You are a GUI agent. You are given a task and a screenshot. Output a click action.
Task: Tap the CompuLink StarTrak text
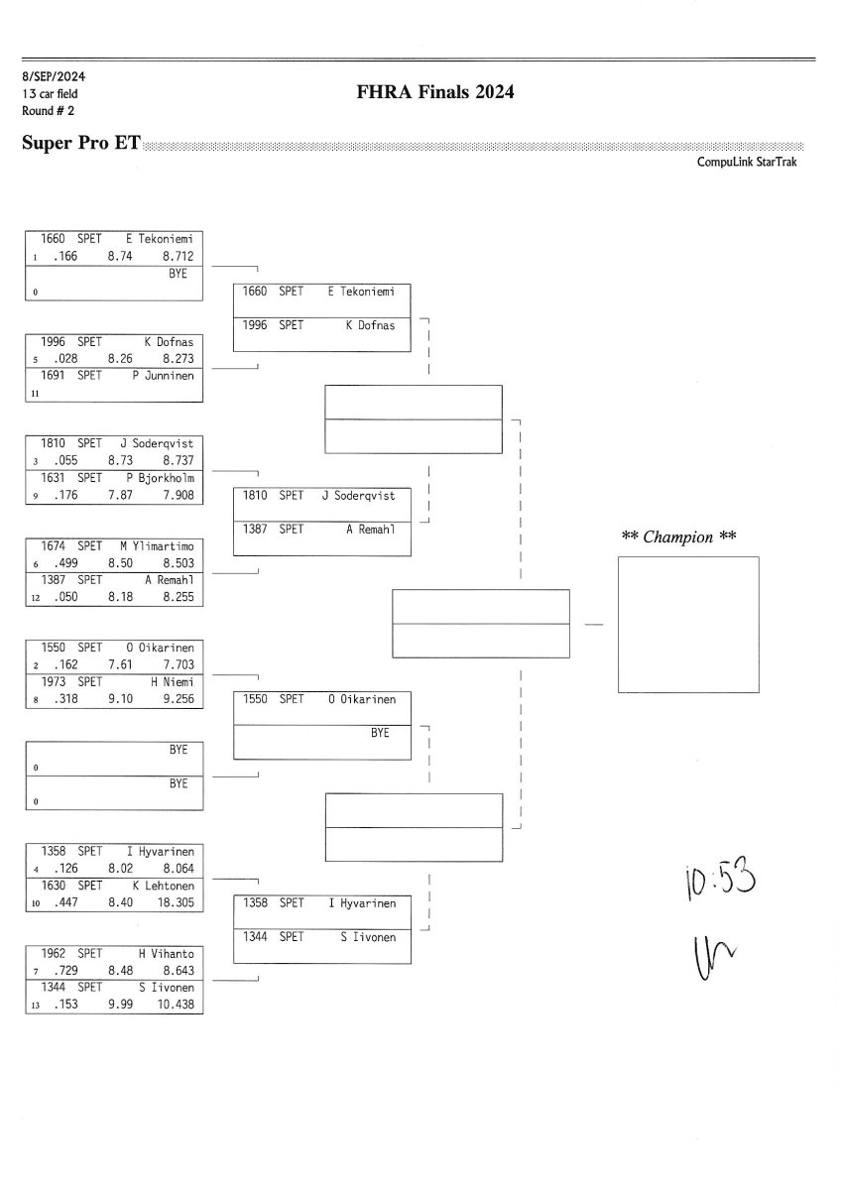tap(747, 162)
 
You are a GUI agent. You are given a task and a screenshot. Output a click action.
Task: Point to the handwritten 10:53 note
tap(720, 880)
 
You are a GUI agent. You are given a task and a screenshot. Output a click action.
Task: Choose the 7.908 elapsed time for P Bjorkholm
tap(177, 495)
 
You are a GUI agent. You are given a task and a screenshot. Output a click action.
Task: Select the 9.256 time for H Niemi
tap(177, 699)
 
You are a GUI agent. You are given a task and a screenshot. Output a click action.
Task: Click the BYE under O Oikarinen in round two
tap(380, 733)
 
